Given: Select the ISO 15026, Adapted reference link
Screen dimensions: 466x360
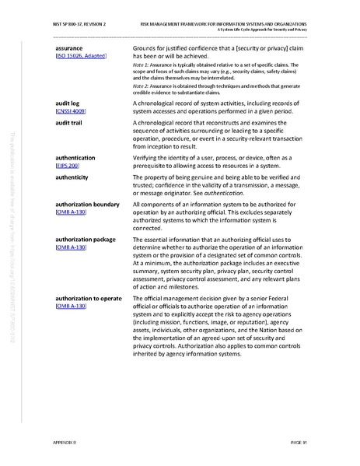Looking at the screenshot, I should [x=82, y=57].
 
